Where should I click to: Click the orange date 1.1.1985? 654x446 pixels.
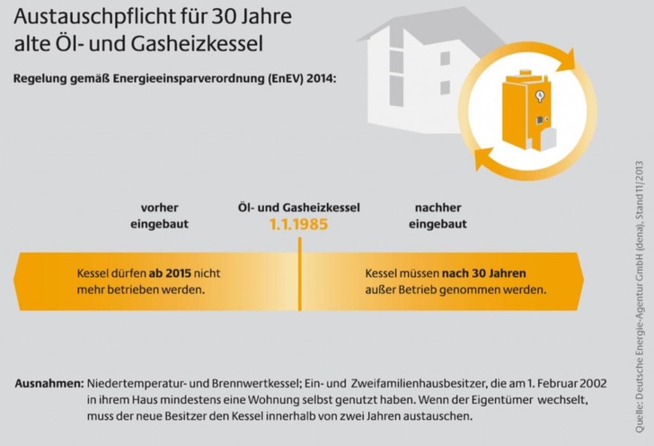[298, 225]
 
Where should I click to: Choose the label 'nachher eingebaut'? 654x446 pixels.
[437, 215]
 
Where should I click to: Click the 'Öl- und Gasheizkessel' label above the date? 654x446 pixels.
[298, 207]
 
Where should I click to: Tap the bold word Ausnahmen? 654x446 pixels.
[49, 383]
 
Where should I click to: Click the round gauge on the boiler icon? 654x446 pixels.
[538, 96]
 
